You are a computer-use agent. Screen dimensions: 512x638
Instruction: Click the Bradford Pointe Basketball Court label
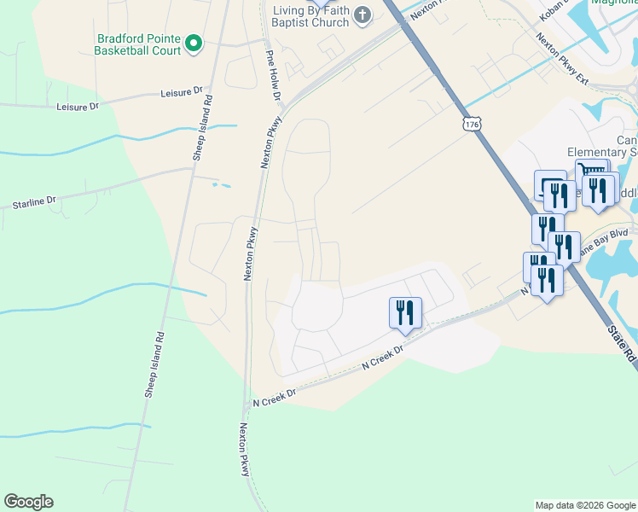click(x=139, y=44)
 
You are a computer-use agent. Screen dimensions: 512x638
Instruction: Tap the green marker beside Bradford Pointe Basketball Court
click(x=194, y=42)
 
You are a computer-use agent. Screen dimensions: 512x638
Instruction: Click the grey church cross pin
click(x=362, y=15)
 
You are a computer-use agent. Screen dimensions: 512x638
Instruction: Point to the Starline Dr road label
click(x=34, y=202)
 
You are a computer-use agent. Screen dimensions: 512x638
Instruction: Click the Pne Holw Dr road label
click(x=273, y=75)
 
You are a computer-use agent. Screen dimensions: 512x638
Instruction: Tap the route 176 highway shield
click(x=473, y=125)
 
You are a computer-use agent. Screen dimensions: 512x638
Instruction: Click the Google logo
click(x=28, y=502)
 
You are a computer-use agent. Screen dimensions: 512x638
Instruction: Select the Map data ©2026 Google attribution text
click(x=584, y=505)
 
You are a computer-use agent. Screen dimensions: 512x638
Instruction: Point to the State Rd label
click(x=622, y=340)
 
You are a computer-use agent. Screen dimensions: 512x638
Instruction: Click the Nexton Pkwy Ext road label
click(x=564, y=59)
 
